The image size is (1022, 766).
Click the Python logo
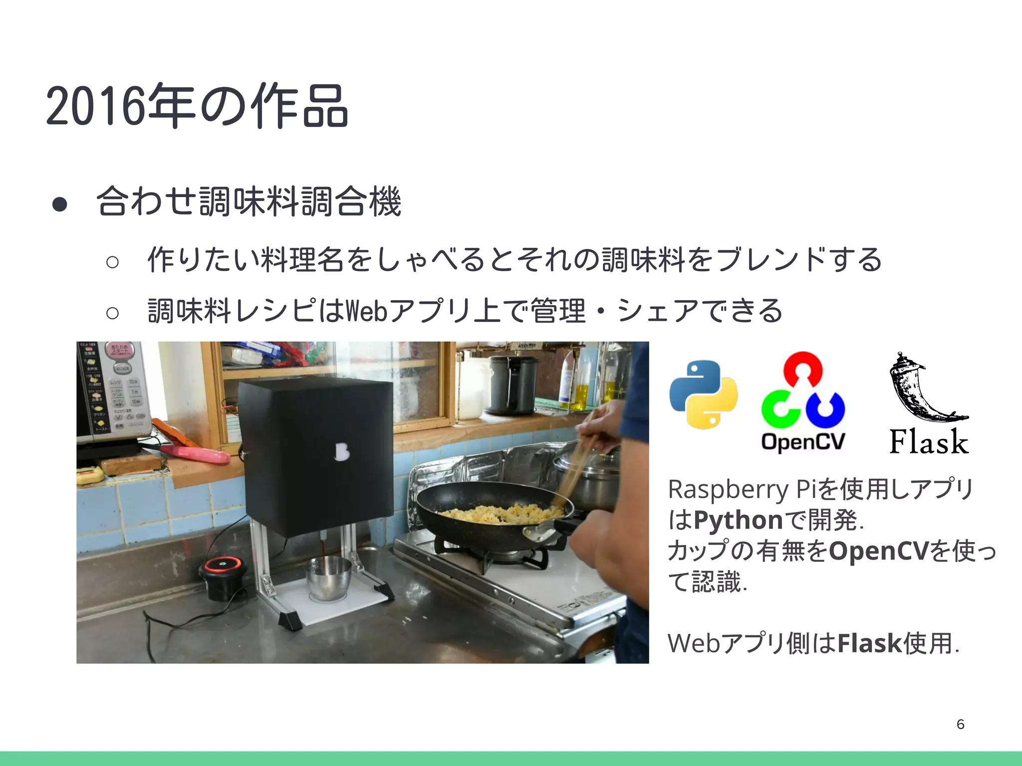click(x=703, y=394)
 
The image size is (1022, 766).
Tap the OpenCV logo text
click(x=803, y=441)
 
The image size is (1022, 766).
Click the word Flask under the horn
click(x=929, y=442)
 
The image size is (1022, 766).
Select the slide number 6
click(x=960, y=724)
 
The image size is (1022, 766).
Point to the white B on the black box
click(x=342, y=452)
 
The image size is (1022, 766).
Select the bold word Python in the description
click(x=738, y=520)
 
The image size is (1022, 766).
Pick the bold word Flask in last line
click(x=869, y=643)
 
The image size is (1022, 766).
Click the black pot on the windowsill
click(x=511, y=384)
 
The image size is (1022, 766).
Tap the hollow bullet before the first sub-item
click(x=113, y=261)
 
